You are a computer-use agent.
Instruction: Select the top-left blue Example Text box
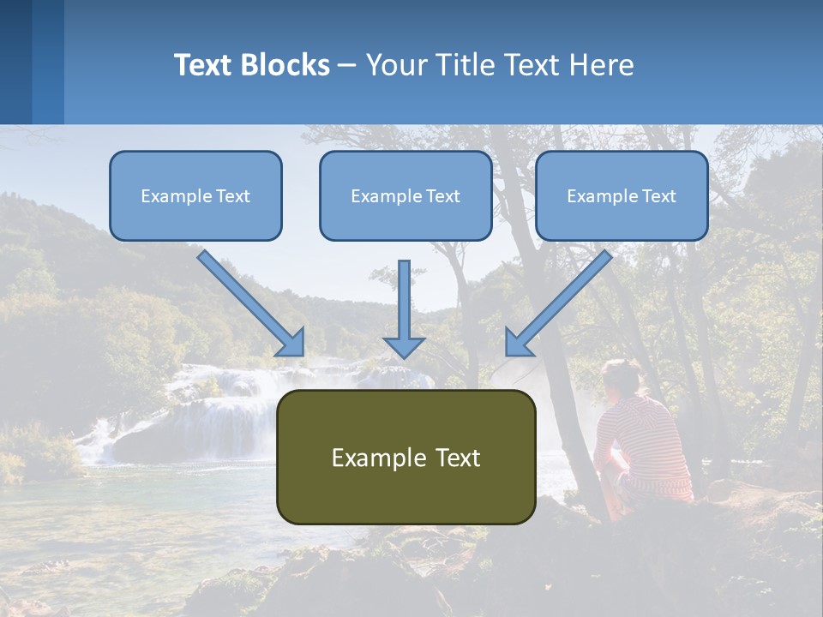(x=195, y=195)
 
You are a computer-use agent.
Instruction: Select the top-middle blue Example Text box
(x=405, y=195)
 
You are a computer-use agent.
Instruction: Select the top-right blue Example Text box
(x=622, y=195)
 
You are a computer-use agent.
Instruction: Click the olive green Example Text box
(x=405, y=457)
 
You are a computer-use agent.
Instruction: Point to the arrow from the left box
(x=249, y=300)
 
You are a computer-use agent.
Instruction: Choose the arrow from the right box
(x=562, y=300)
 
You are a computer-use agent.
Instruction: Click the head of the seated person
(x=621, y=379)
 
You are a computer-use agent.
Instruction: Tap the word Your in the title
(x=396, y=65)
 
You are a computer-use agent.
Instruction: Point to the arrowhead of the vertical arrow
(x=404, y=346)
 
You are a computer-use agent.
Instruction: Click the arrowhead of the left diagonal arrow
(x=291, y=343)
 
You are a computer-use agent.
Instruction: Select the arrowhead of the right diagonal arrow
(x=518, y=343)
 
